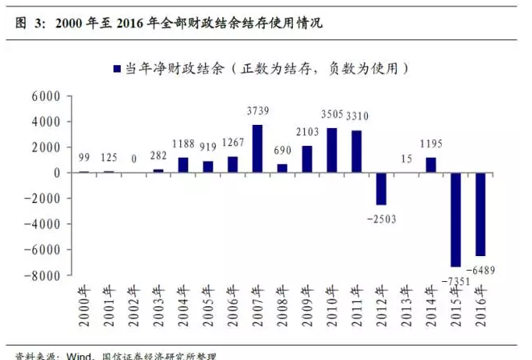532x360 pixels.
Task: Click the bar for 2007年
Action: click(x=258, y=148)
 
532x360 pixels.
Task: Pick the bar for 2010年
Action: click(x=331, y=150)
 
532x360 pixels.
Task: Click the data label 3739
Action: click(x=258, y=110)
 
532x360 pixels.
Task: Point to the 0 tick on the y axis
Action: click(x=56, y=172)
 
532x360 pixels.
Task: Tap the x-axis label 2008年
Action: click(x=282, y=306)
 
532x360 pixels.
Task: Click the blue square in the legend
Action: click(x=116, y=70)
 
